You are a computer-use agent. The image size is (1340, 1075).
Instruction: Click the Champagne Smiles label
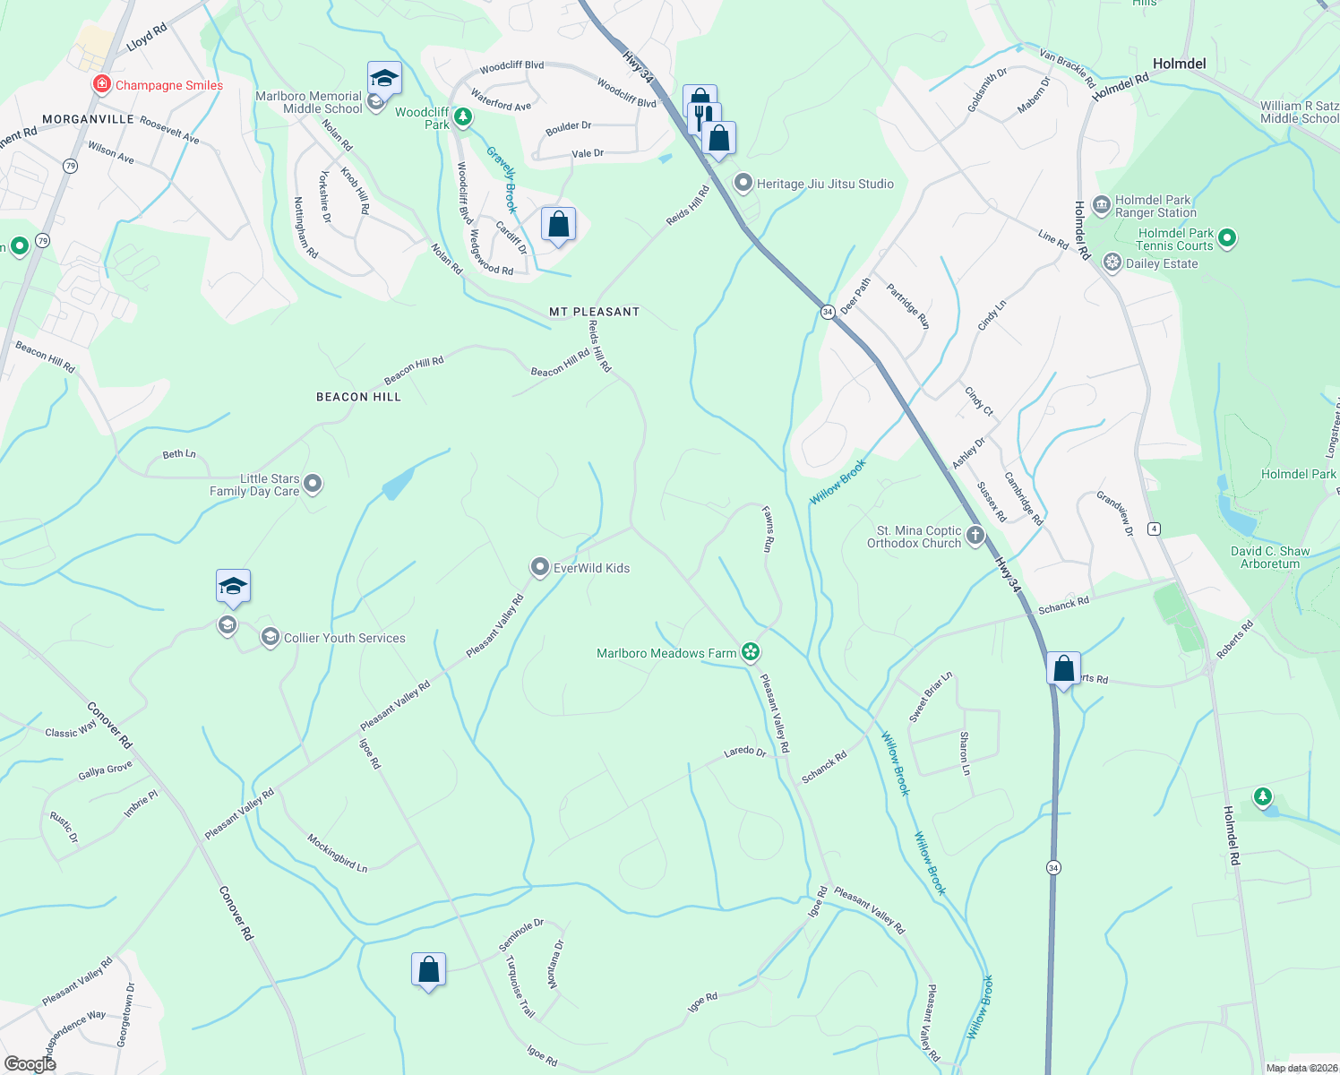[169, 85]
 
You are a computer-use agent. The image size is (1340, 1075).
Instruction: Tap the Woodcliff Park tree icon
[462, 116]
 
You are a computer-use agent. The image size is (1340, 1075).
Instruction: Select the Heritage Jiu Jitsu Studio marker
[743, 184]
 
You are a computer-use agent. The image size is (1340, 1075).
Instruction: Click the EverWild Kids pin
[539, 567]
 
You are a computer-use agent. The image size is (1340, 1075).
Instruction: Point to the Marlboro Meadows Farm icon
[751, 652]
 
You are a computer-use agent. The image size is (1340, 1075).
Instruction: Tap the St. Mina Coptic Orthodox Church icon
[975, 536]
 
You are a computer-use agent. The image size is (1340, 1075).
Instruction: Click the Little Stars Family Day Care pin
[313, 484]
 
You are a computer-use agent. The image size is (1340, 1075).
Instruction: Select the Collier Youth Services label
[344, 638]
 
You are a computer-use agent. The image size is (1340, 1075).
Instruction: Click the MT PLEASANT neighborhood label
[594, 312]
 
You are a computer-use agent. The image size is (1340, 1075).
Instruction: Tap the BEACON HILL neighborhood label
[358, 397]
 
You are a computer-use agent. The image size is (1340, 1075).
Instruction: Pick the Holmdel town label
[1179, 64]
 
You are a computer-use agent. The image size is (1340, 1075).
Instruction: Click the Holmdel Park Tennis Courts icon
[1227, 238]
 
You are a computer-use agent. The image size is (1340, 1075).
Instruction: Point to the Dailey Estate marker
[1112, 262]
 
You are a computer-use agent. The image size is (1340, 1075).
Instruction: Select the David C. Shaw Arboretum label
[1269, 557]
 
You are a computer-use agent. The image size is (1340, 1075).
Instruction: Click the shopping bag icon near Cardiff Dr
[558, 224]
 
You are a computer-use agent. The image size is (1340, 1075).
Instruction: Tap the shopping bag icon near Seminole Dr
[428, 969]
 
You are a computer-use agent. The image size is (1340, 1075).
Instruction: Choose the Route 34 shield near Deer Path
[828, 312]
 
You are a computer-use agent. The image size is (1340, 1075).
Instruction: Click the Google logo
[30, 1063]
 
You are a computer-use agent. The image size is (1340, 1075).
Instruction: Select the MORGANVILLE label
[88, 119]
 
